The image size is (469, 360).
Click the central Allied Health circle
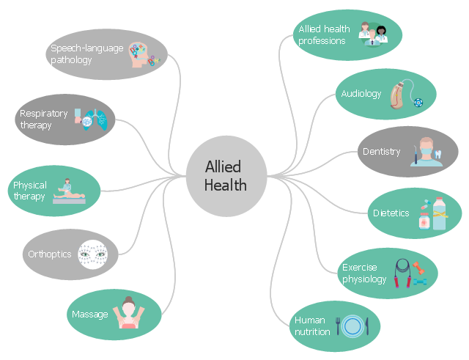click(225, 176)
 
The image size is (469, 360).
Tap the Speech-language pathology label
click(81, 54)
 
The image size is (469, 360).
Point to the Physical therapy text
click(29, 191)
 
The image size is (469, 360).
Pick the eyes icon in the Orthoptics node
click(93, 254)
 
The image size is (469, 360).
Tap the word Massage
click(89, 315)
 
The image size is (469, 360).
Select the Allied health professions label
click(322, 35)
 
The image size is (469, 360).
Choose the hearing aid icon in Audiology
click(400, 94)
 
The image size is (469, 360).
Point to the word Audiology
click(361, 94)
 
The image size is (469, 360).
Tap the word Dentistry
click(381, 152)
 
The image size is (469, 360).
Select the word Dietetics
click(391, 213)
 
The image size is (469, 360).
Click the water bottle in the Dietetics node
click(438, 213)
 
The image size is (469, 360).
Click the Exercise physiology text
click(364, 273)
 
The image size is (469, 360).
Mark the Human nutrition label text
click(312, 326)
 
